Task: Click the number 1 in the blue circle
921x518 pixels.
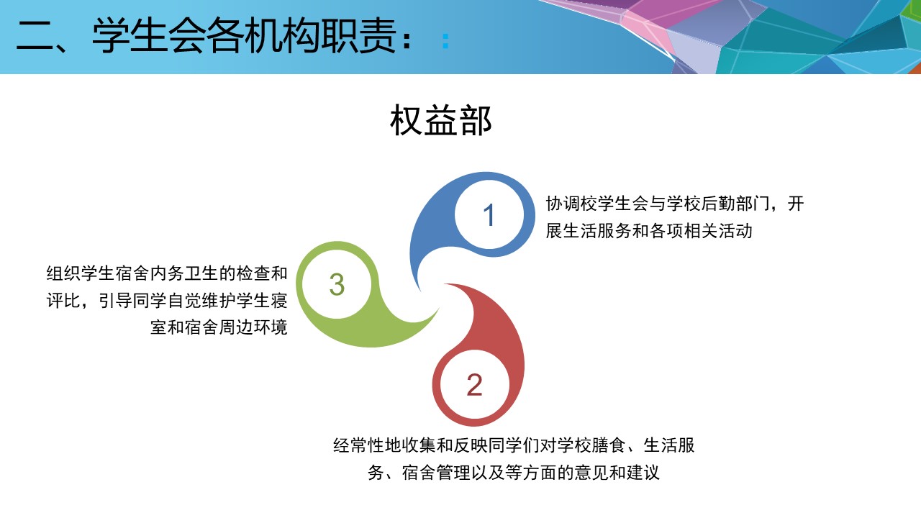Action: point(489,214)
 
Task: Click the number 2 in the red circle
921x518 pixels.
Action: point(474,385)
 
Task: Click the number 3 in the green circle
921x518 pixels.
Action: point(337,284)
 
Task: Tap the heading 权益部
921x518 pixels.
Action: point(441,120)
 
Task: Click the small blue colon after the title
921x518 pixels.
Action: point(445,41)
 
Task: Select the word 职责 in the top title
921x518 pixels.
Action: point(358,36)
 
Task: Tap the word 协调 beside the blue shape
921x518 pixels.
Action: point(563,204)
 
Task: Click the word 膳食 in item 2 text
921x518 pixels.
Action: point(609,445)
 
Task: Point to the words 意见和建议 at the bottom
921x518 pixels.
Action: point(617,473)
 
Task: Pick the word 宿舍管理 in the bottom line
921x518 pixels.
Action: point(436,473)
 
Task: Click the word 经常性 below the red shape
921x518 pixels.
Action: point(358,445)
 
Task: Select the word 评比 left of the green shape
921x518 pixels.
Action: point(63,301)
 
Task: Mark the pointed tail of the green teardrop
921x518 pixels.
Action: point(437,309)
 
